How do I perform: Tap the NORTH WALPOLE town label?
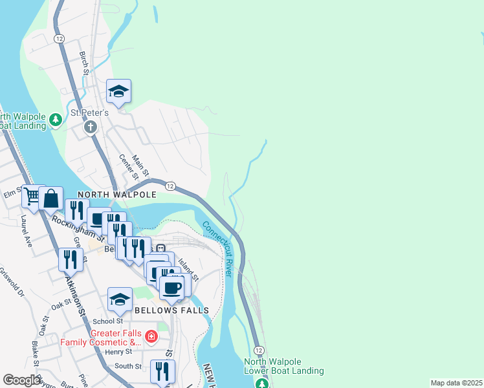[x=117, y=194]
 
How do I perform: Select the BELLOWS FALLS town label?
[x=172, y=310]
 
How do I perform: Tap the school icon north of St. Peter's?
[x=119, y=92]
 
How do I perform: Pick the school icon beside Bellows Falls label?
[x=120, y=300]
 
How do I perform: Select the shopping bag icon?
[x=51, y=199]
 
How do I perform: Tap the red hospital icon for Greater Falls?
[x=151, y=336]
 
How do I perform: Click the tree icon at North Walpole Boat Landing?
[x=56, y=120]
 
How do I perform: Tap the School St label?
[x=107, y=321]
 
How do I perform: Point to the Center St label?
[x=129, y=166]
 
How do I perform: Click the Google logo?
[x=22, y=380]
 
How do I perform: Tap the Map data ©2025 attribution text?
[x=456, y=383]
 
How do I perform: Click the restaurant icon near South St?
[x=162, y=372]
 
